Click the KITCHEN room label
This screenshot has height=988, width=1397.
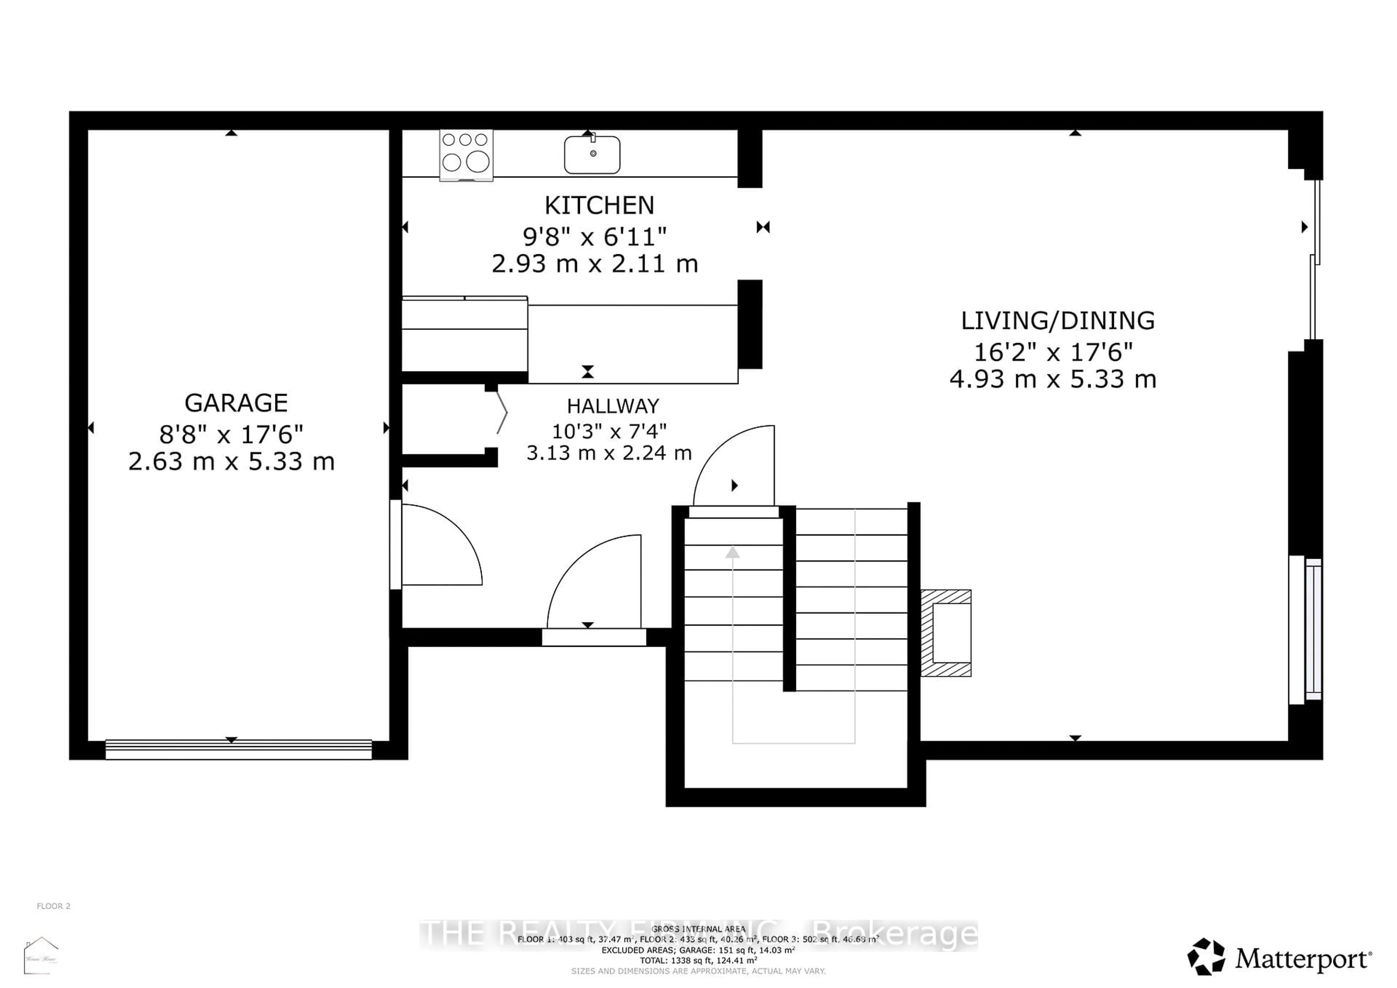[599, 206]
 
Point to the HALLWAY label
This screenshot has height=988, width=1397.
[613, 406]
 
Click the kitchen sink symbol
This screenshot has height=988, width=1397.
[592, 155]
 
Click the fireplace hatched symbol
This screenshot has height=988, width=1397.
[946, 633]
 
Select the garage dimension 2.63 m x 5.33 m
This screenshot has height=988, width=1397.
[231, 462]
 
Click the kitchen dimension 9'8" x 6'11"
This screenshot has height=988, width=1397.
[594, 236]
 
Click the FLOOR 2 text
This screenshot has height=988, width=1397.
[53, 906]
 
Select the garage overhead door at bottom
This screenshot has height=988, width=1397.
[239, 749]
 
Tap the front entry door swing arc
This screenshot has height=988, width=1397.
[593, 581]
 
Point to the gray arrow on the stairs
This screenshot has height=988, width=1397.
[733, 553]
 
